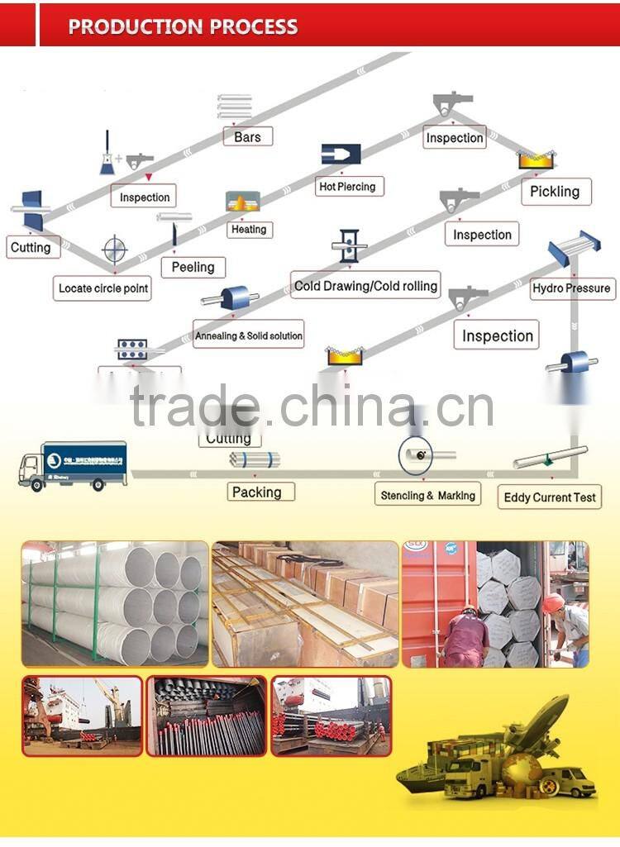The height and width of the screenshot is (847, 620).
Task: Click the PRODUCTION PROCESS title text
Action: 183,26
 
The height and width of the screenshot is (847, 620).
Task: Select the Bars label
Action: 247,137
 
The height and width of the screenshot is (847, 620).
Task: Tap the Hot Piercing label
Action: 347,187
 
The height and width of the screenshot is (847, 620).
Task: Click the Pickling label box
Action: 555,192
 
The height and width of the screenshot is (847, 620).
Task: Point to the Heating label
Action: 249,229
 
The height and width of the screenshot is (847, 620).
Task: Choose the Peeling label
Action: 193,267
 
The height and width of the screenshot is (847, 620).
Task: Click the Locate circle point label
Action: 103,288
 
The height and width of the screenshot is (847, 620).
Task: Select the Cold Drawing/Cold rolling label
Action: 365,286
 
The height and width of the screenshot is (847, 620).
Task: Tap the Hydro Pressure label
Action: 571,288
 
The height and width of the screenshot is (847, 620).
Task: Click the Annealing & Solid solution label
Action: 249,335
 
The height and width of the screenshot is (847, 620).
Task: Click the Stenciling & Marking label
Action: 427,496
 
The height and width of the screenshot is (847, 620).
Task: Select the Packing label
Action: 256,492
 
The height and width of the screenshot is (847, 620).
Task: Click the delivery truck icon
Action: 73,465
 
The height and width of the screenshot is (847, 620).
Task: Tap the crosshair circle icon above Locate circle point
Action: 115,250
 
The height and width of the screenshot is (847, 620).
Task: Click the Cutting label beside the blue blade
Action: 31,247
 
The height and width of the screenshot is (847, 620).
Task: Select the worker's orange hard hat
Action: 554,602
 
